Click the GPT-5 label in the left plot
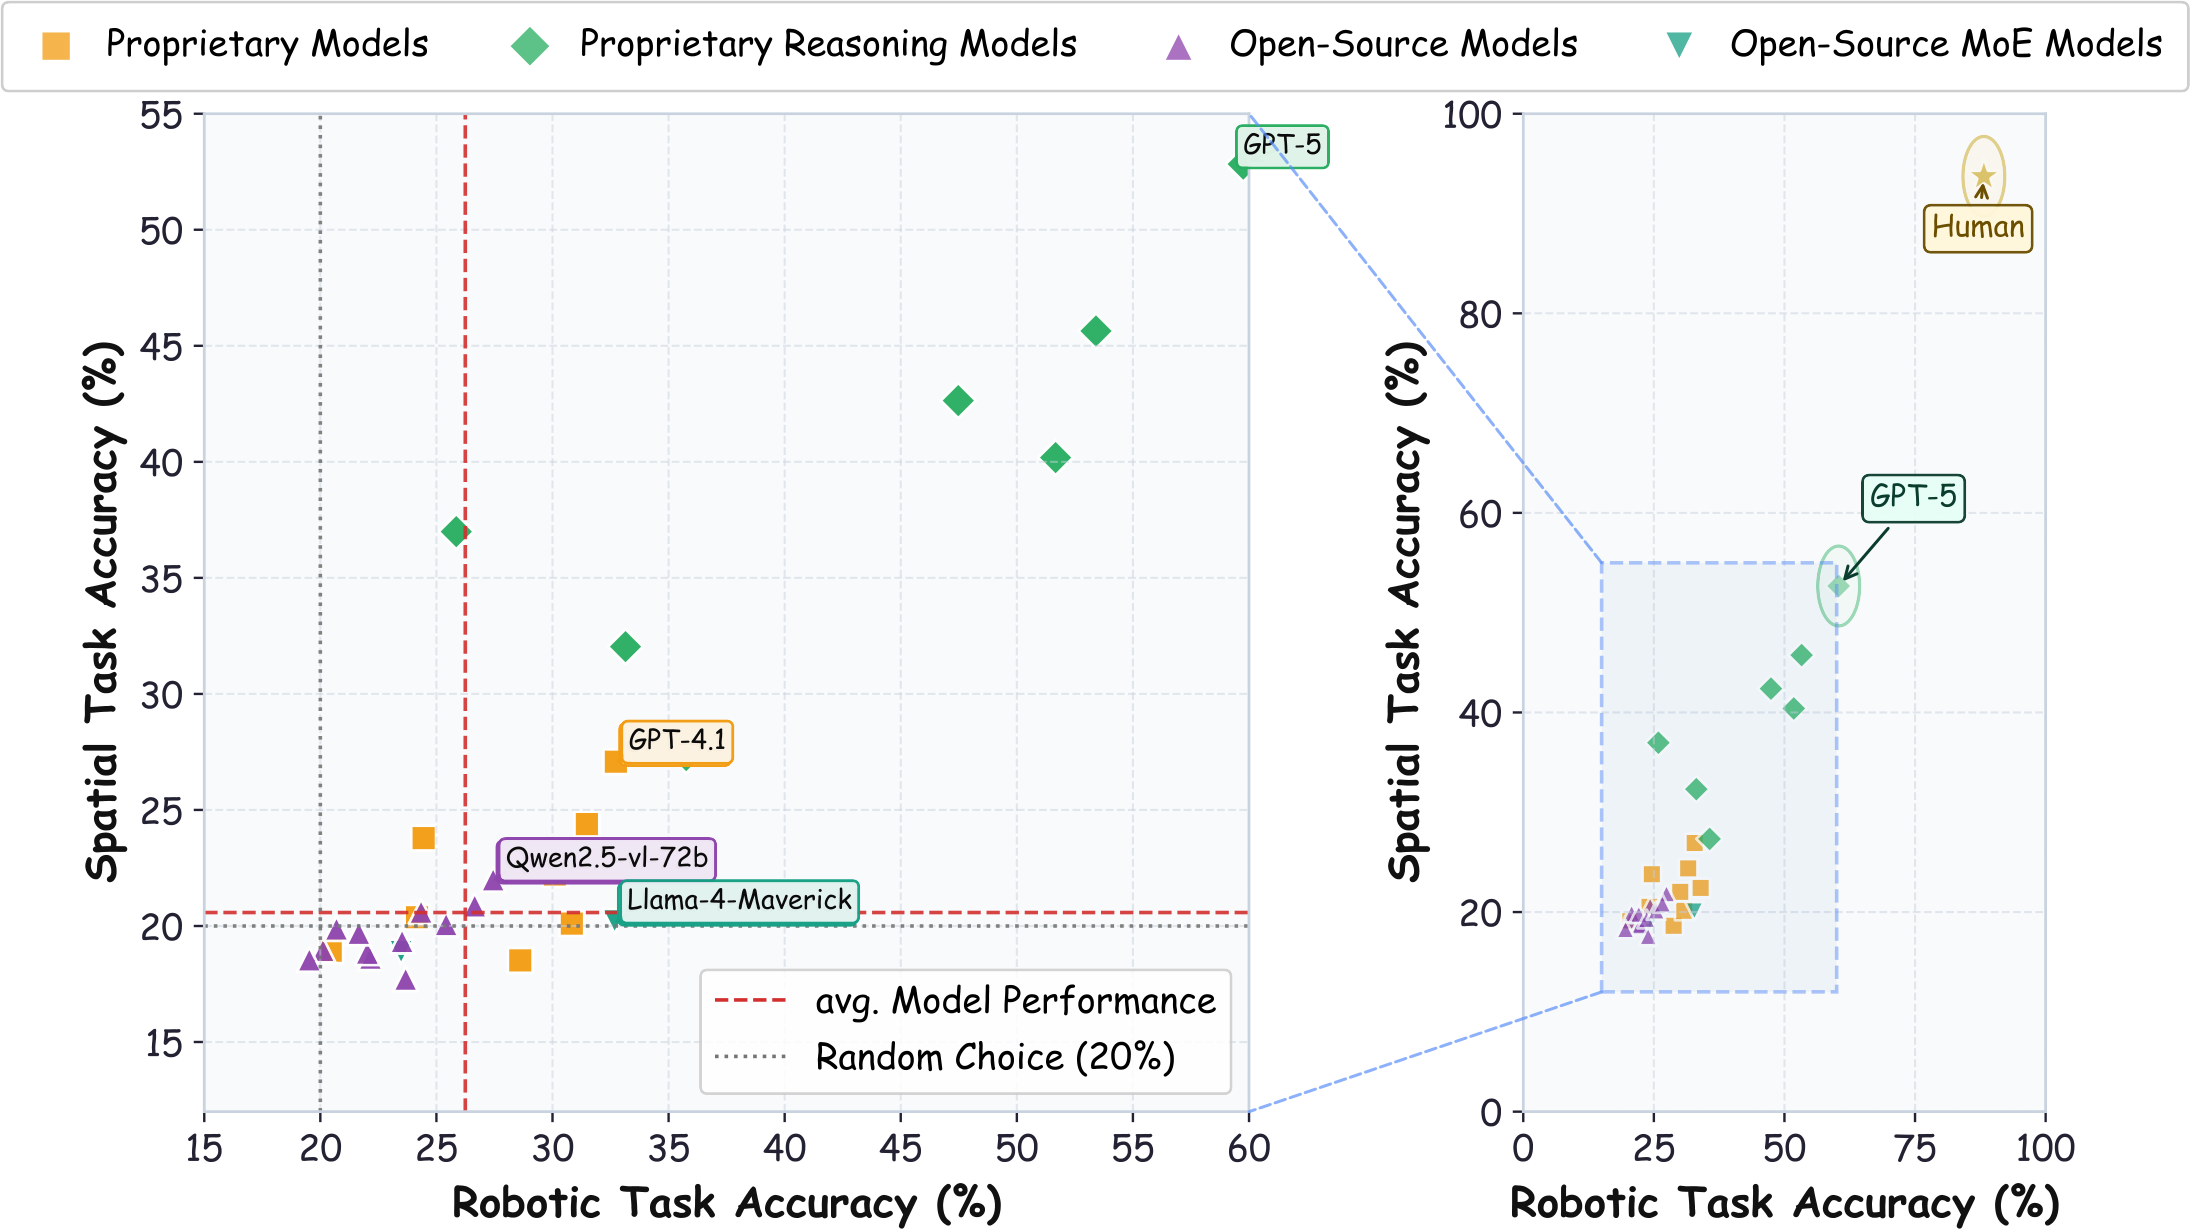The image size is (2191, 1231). pyautogui.click(x=1282, y=145)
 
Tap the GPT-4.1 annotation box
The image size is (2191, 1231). pyautogui.click(x=677, y=741)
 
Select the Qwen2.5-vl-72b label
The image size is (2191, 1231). pyautogui.click(x=607, y=858)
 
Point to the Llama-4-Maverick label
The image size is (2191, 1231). pyautogui.click(x=739, y=900)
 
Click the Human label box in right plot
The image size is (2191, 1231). pyautogui.click(x=1977, y=227)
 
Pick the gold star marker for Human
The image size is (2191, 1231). pyautogui.click(x=1983, y=176)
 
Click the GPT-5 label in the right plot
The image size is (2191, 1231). pyautogui.click(x=1912, y=497)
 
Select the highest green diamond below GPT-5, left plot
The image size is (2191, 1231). pyautogui.click(x=1096, y=331)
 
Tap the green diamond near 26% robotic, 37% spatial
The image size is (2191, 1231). pyautogui.click(x=456, y=532)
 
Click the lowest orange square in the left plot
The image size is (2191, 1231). pyautogui.click(x=520, y=961)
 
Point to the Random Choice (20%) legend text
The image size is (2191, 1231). pyautogui.click(x=995, y=1057)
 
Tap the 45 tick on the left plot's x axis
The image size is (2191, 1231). pyautogui.click(x=900, y=1149)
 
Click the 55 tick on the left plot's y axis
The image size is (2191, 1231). pyautogui.click(x=162, y=116)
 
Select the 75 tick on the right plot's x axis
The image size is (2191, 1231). pyautogui.click(x=1915, y=1149)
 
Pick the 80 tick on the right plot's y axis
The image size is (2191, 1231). pyautogui.click(x=1480, y=315)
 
